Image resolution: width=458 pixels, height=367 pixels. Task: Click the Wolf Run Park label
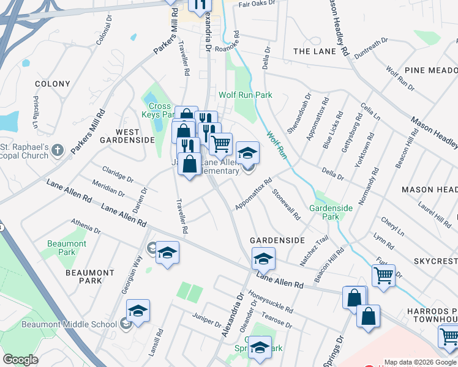(246, 95)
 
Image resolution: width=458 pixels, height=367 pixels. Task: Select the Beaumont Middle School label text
(69, 324)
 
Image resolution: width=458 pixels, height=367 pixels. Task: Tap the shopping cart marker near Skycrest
(383, 275)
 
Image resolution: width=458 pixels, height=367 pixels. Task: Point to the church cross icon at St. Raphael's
(58, 150)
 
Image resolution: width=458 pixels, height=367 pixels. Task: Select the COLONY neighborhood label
(53, 84)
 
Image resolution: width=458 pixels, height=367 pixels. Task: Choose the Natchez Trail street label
(314, 251)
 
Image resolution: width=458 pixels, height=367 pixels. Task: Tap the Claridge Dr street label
(118, 174)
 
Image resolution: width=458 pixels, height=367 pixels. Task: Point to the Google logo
(20, 360)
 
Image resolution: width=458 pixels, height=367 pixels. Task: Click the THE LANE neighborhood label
(315, 51)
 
